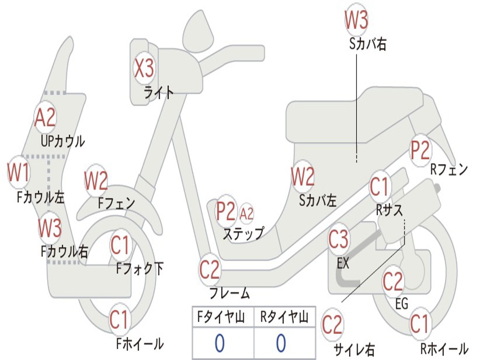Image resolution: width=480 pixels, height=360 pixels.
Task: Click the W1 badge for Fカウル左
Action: (x=18, y=173)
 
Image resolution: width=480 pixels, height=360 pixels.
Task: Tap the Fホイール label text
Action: (x=140, y=344)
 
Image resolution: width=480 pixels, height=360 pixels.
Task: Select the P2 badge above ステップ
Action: (x=226, y=211)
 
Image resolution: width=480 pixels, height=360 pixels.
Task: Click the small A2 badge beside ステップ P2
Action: (x=247, y=214)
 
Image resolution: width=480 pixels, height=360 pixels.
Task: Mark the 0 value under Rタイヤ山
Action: (x=281, y=344)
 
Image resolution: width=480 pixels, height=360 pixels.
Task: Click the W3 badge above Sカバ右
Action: (x=356, y=20)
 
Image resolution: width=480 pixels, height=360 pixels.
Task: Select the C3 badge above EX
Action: (x=338, y=239)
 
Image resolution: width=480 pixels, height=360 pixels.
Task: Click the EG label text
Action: (x=402, y=304)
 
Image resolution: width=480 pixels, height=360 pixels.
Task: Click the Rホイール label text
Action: (x=443, y=349)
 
